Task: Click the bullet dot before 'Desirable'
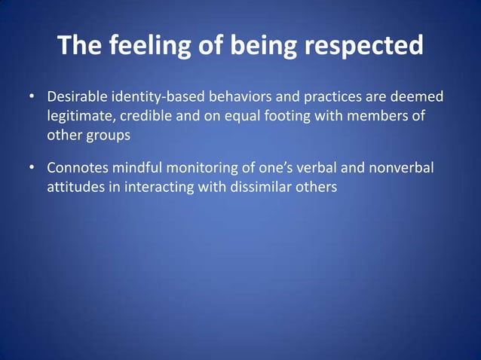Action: pyautogui.click(x=32, y=98)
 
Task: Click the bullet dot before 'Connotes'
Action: pyautogui.click(x=32, y=168)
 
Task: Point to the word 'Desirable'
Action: pyautogui.click(x=78, y=98)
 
